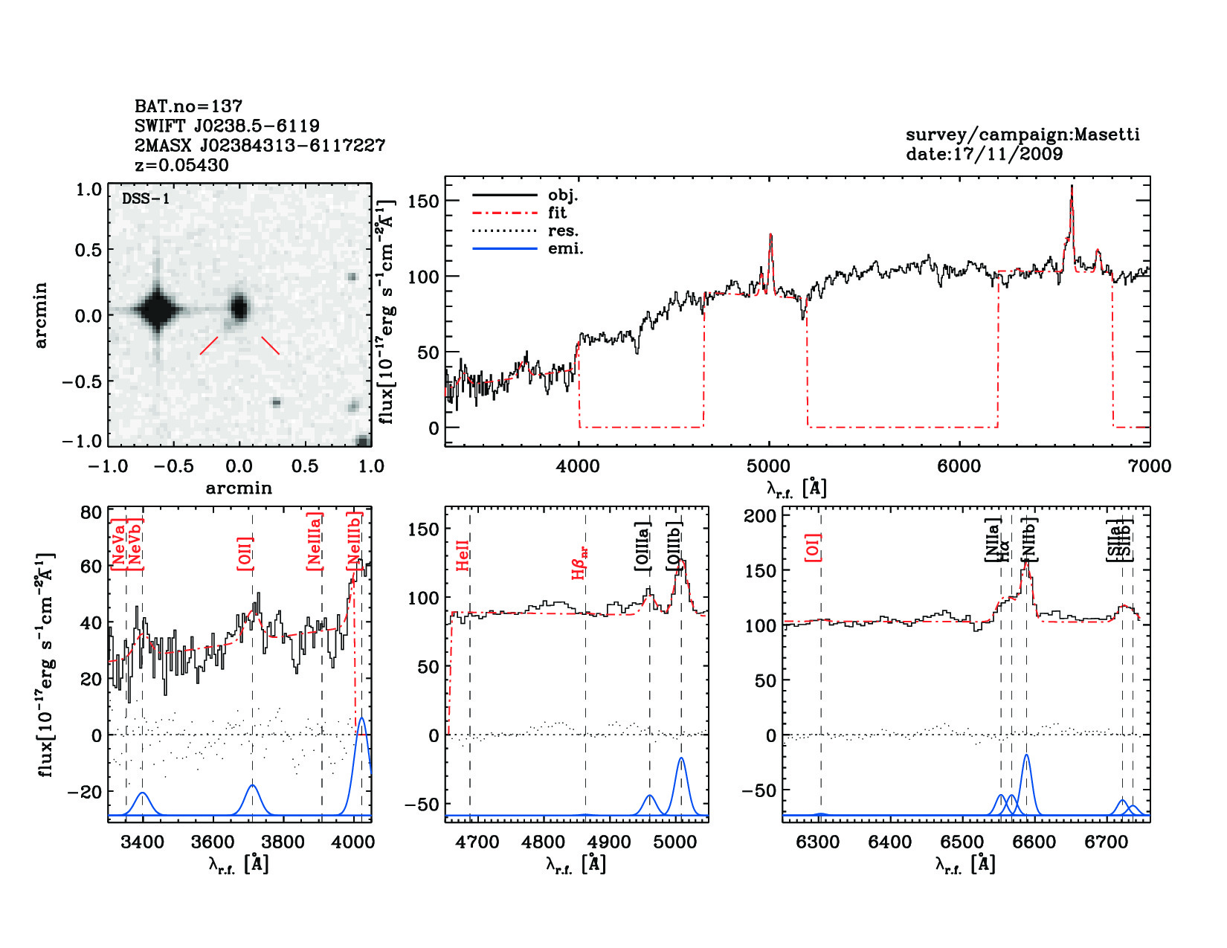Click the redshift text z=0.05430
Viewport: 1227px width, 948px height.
[181, 165]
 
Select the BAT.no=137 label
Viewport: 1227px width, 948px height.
[188, 106]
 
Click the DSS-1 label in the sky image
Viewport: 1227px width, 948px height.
[146, 199]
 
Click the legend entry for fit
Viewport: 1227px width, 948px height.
[557, 213]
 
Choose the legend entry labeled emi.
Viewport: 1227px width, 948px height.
[565, 249]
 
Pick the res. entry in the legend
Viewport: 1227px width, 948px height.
[563, 231]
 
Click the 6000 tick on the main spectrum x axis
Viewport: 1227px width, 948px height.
[959, 466]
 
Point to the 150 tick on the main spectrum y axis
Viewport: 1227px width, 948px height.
[424, 201]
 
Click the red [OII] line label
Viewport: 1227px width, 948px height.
[245, 553]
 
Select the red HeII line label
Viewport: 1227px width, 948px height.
[463, 555]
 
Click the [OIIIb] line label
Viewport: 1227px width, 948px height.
[674, 546]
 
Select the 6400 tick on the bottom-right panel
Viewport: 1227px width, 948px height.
[889, 842]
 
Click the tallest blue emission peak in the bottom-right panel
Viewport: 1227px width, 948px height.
[1027, 756]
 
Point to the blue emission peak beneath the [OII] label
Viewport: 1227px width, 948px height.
[252, 786]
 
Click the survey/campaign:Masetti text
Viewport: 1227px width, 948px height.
[1022, 135]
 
